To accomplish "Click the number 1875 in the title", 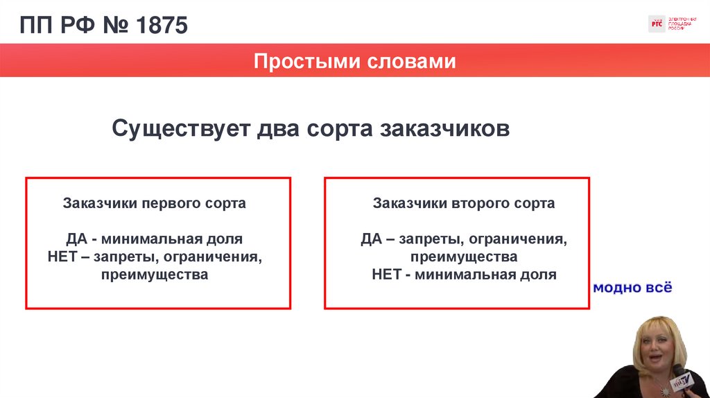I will click(x=162, y=27).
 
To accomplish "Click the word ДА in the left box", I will click(x=76, y=239).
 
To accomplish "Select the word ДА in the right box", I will click(x=372, y=239).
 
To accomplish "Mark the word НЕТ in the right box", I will click(x=387, y=275).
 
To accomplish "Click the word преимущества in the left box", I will click(x=154, y=275).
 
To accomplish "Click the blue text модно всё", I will click(x=632, y=288).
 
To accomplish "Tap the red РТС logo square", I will click(x=656, y=24).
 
